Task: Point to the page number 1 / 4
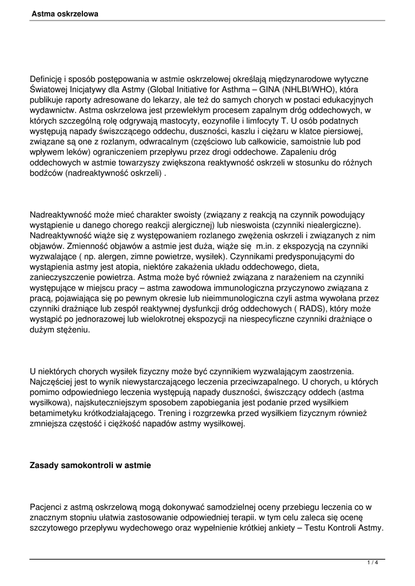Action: [373, 563]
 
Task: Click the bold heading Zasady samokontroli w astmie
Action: [90, 466]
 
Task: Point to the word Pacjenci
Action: [48, 508]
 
